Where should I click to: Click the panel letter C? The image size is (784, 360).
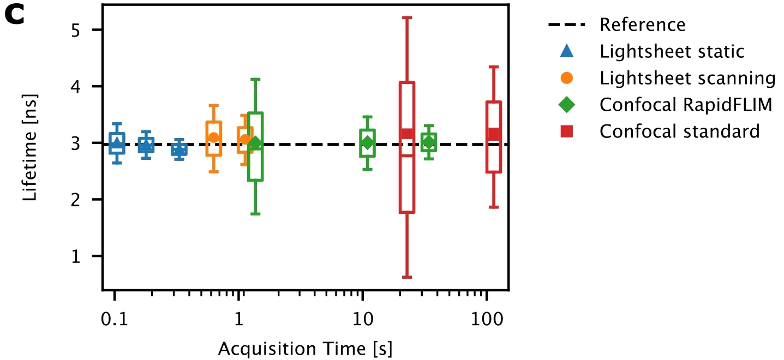coord(15,16)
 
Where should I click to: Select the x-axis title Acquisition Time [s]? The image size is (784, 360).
coord(306,347)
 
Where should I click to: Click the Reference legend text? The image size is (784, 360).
coord(642,25)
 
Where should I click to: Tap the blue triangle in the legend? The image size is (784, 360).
coord(567,51)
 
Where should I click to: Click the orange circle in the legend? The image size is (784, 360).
coord(567,78)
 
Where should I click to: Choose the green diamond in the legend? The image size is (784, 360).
coord(567,105)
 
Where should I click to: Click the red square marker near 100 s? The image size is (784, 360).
coord(493,134)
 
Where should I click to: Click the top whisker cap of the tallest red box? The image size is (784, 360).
coord(406,17)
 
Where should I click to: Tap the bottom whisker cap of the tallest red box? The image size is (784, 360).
coord(406,277)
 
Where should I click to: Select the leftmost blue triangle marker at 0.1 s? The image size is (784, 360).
coord(116,142)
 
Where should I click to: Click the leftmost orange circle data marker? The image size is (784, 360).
coord(214,137)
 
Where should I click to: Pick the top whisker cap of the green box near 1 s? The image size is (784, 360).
coord(255,79)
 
